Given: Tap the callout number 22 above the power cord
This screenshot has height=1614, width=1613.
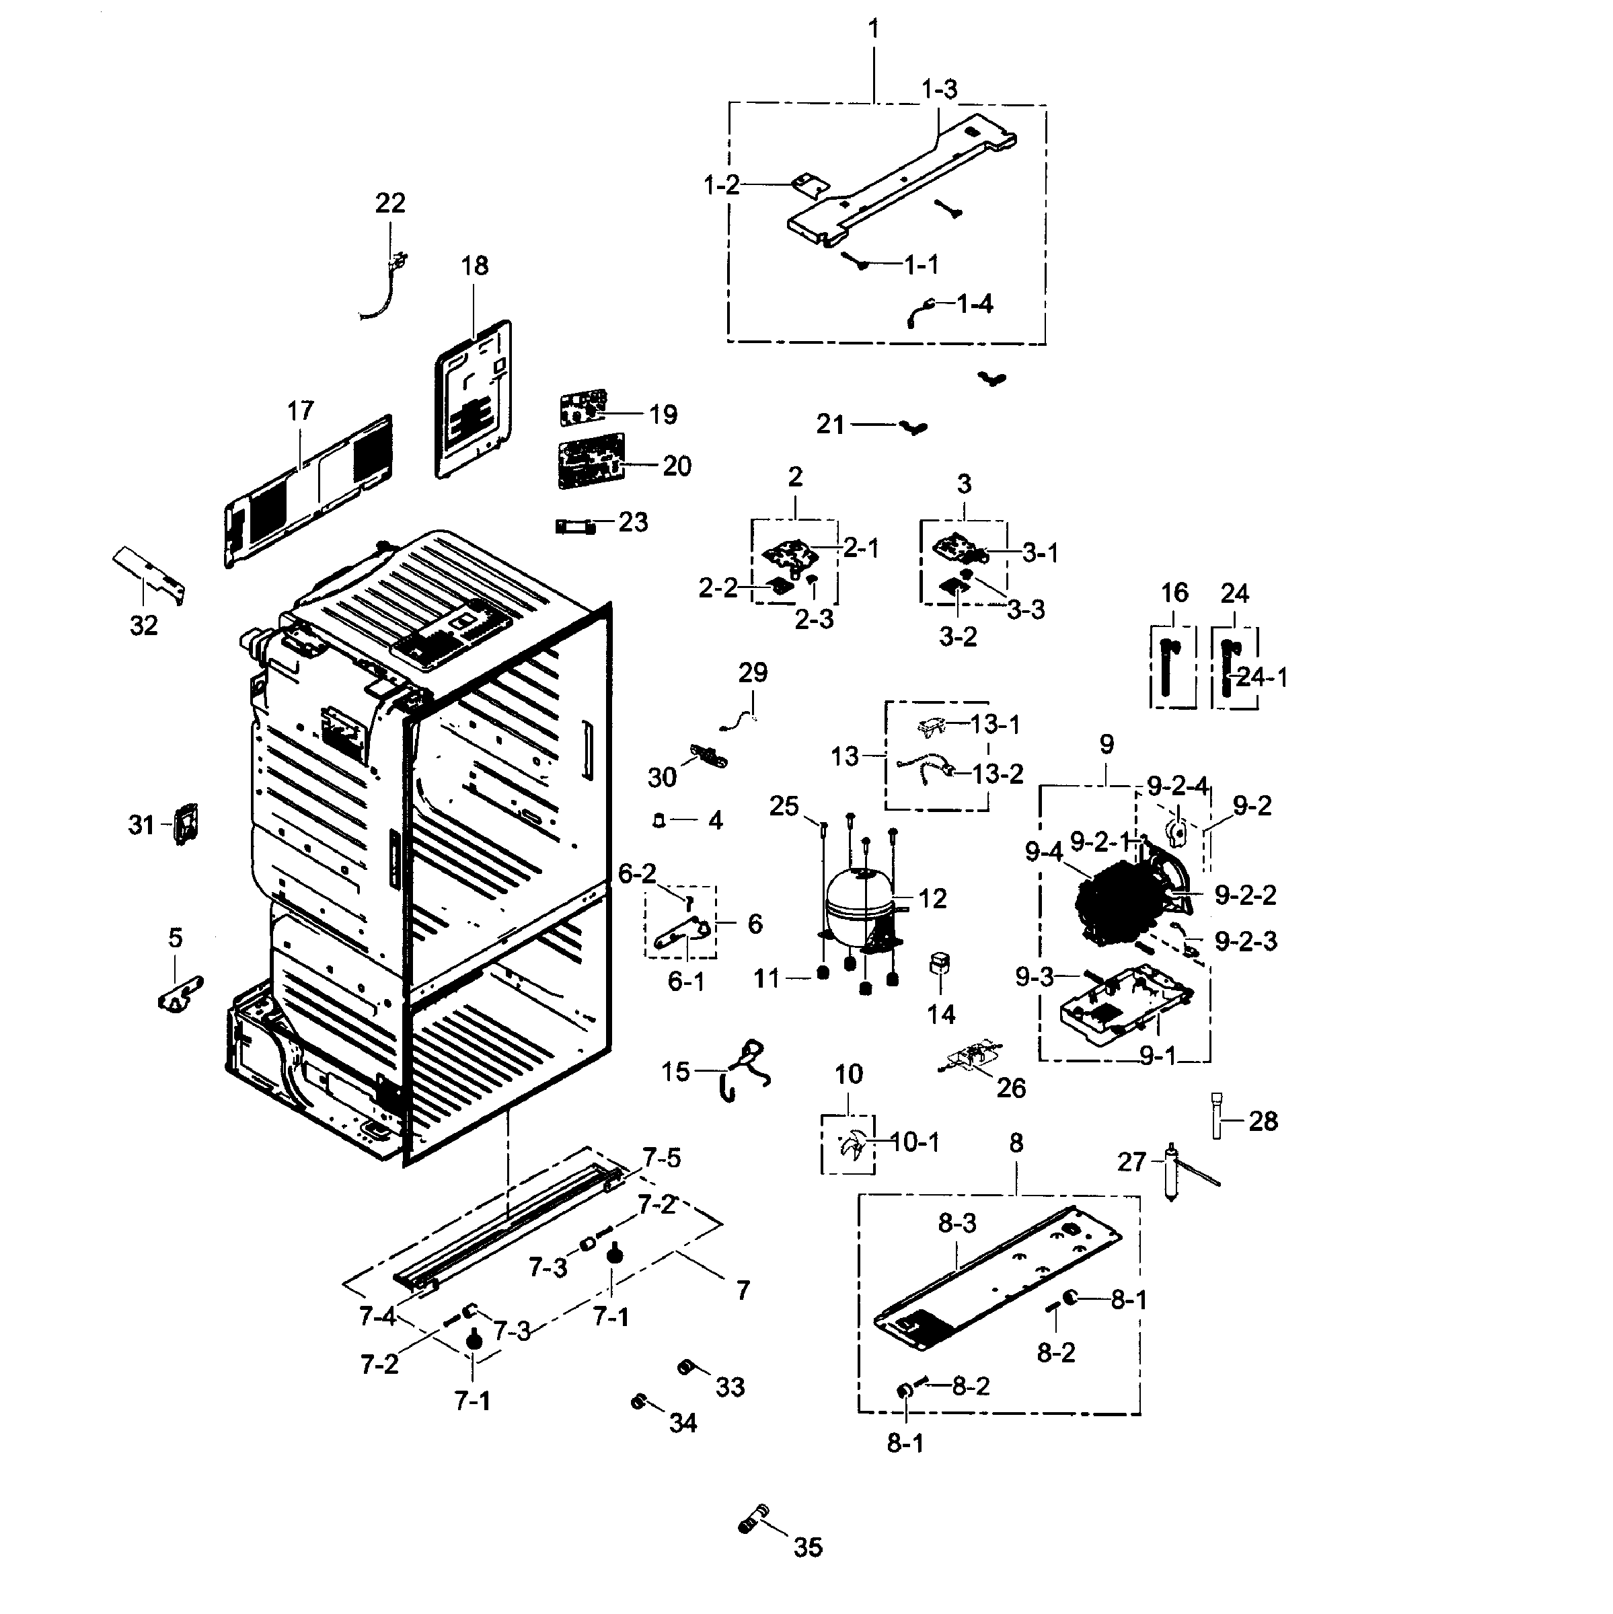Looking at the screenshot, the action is [390, 203].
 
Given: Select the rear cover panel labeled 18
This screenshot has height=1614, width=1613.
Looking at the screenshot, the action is [474, 400].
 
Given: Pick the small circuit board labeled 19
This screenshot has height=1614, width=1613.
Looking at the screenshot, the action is [583, 407].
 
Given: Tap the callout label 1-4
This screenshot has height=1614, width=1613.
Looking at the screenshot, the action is [974, 303].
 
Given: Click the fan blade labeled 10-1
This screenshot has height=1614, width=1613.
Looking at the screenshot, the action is [851, 1146].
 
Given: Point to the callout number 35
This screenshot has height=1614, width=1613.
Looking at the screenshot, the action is [808, 1547].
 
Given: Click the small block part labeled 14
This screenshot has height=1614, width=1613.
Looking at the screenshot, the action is [940, 963].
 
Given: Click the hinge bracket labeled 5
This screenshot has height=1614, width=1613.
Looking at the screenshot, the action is [180, 993].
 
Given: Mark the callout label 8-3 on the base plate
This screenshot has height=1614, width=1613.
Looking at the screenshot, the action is [956, 1224].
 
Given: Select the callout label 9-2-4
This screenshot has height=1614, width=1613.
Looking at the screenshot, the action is [1177, 786].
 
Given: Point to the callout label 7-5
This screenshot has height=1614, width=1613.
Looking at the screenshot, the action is [662, 1158].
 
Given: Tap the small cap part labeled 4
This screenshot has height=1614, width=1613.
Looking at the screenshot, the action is [659, 820].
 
